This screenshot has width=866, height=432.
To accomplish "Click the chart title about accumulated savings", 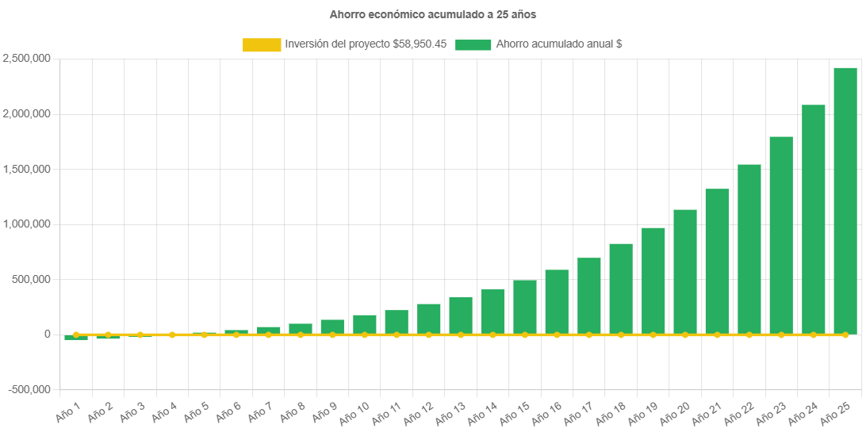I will coord(433,14).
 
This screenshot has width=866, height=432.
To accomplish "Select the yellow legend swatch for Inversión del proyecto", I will coord(262,45).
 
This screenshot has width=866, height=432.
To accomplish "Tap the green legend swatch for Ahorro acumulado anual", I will coord(473,45).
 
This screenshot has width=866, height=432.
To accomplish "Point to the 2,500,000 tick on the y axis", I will coord(27,59).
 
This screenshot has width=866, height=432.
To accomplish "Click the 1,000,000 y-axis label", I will coord(27,224).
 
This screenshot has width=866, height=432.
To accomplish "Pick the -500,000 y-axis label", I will coord(29,389).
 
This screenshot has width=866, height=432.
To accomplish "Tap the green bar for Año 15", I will coord(525,307).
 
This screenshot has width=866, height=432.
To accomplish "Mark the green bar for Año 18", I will coord(621,289).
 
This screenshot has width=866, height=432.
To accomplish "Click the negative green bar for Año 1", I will coord(76,338).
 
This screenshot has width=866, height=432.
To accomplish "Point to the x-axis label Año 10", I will coord(354,411).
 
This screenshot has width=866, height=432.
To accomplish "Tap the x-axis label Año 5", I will coord(197,410).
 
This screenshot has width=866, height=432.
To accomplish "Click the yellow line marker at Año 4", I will coord(172,335).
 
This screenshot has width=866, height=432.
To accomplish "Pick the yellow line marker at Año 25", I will coord(845,335).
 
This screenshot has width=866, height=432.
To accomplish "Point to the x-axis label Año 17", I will coord(579,411).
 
